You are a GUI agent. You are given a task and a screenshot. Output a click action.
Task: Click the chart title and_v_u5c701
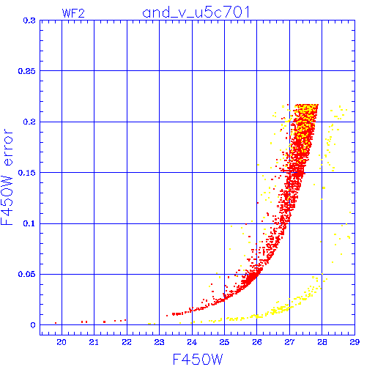tap(196, 12)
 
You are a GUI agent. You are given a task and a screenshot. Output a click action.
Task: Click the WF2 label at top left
tap(73, 13)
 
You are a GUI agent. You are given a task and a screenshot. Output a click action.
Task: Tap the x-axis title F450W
tap(198, 359)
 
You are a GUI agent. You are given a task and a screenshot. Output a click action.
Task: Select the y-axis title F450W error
tap(7, 177)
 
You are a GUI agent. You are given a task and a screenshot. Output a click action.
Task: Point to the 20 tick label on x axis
tap(62, 342)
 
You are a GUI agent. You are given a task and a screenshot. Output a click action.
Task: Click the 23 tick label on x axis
tap(159, 342)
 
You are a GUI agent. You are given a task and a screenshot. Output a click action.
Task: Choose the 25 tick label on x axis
tap(224, 342)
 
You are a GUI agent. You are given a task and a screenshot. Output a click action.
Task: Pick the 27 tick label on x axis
tap(289, 342)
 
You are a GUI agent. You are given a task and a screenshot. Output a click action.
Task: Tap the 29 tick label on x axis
tap(354, 342)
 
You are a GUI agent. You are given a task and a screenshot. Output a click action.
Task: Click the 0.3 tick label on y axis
tap(29, 21)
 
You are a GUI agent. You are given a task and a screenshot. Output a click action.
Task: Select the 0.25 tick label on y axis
tap(26, 71)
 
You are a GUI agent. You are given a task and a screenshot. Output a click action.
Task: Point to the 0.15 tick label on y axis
tap(26, 173)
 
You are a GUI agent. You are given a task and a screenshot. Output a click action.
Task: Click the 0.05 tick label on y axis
tap(26, 274)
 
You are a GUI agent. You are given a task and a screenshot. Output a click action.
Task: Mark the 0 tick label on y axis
tap(33, 325)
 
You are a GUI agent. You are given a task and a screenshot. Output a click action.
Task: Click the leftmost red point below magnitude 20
tap(56, 323)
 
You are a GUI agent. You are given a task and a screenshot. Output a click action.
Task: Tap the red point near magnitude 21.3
tap(105, 322)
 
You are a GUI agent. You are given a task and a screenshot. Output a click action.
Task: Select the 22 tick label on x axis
tap(127, 342)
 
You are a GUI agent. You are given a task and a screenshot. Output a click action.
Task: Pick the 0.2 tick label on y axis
tap(29, 122)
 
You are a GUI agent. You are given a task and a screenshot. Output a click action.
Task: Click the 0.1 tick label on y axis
tap(29, 223)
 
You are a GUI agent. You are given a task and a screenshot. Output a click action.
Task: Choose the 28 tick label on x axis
tap(322, 342)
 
